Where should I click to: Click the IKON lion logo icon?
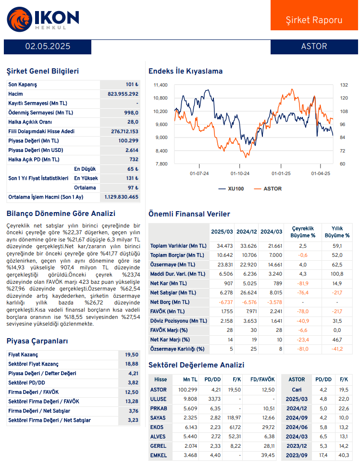[x=19, y=19]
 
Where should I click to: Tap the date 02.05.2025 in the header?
[x=48, y=47]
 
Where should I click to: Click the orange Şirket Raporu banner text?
[x=314, y=20]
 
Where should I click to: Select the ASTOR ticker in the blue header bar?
[x=314, y=47]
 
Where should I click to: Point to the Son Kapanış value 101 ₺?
[x=132, y=85]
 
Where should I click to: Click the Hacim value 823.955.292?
[x=123, y=94]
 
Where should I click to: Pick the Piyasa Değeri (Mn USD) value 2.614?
[x=131, y=150]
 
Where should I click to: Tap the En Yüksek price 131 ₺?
[x=132, y=178]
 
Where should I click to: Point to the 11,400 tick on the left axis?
[x=161, y=85]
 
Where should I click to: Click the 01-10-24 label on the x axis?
[x=240, y=173]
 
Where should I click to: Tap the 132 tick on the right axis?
[x=343, y=85]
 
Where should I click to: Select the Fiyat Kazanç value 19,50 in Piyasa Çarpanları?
[x=131, y=354]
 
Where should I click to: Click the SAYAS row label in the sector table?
[x=159, y=418]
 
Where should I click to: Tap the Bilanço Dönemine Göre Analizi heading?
[x=61, y=214]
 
